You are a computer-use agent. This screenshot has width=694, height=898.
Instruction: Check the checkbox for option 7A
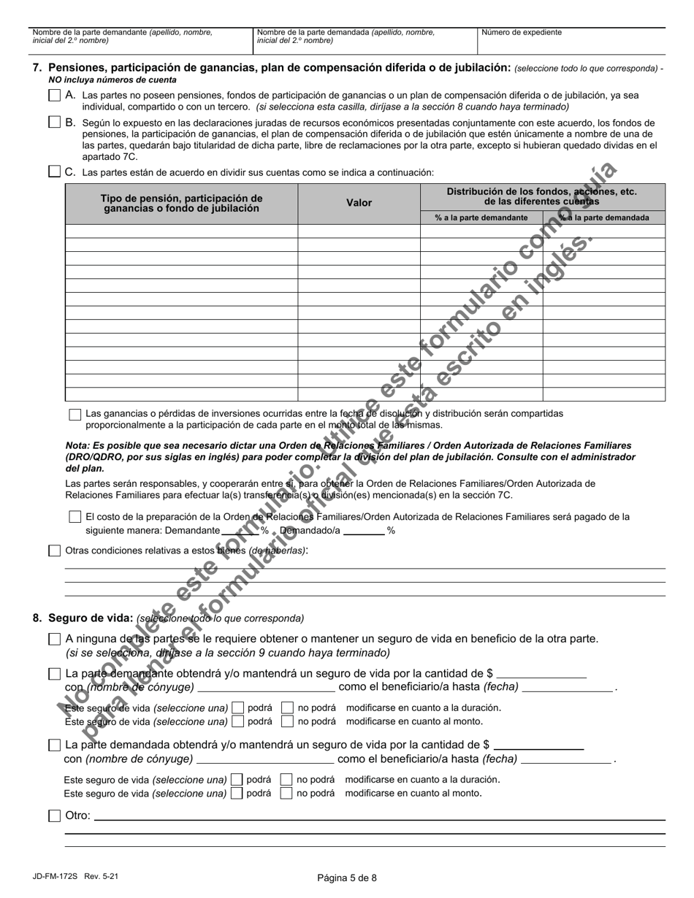(55, 95)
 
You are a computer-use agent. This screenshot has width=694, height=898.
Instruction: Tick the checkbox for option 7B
(55, 122)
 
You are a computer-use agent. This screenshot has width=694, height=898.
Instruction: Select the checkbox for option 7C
(55, 172)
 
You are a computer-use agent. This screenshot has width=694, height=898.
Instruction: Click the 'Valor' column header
(359, 203)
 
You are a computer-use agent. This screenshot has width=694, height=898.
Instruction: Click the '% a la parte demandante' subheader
(481, 218)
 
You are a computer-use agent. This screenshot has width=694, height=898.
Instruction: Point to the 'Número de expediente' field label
(521, 33)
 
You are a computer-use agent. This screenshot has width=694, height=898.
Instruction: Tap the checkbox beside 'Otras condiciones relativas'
(55, 550)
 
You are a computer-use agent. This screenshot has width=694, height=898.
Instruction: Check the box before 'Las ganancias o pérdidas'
(75, 414)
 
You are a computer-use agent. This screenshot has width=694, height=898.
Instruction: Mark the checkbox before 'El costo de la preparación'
(75, 517)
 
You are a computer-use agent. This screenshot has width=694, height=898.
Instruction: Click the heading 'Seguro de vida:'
(91, 618)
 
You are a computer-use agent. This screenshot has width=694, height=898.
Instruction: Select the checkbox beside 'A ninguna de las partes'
(55, 639)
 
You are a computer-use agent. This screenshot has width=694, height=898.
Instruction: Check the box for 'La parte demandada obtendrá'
(55, 745)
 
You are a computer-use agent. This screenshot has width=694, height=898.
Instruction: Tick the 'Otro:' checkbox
(55, 816)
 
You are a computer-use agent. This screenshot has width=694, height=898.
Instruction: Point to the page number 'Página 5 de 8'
(347, 878)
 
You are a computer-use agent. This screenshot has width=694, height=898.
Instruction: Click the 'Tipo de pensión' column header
(181, 203)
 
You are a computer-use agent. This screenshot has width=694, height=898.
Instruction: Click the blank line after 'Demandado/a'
(363, 531)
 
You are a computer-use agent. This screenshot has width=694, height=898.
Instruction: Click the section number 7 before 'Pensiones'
(37, 68)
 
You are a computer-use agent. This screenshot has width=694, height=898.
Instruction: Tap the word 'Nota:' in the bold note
(77, 445)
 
